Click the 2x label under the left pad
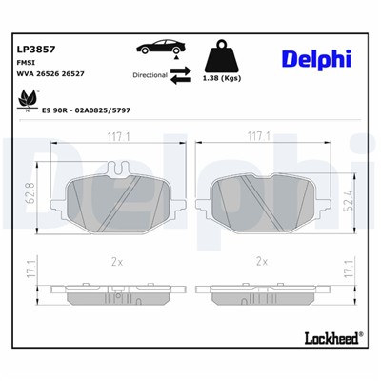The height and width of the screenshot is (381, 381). pyautogui.click(x=115, y=258)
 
